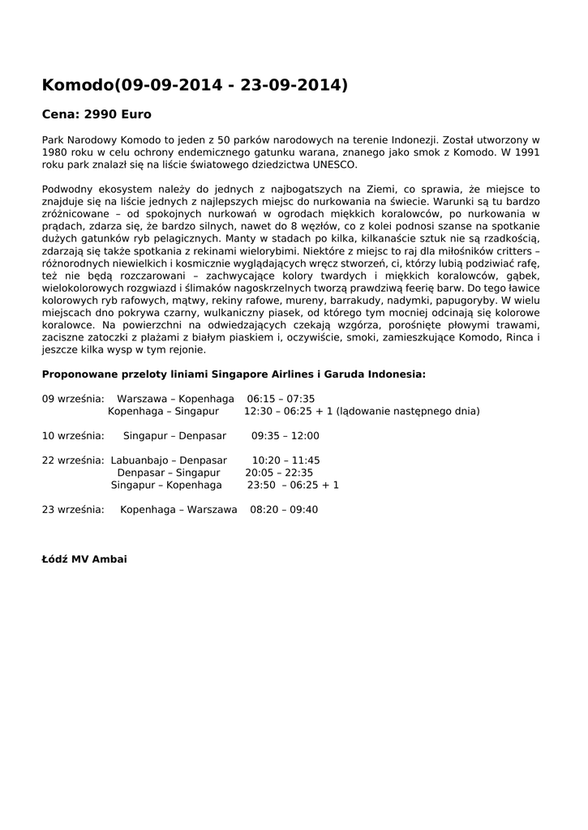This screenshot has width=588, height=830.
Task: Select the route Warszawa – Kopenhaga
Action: (x=175, y=399)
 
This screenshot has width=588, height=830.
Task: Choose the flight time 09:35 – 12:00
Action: (x=285, y=436)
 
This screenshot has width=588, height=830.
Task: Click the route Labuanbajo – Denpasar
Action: (x=169, y=460)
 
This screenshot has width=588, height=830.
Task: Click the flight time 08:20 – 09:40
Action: (x=284, y=510)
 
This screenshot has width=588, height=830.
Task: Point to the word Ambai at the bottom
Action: (x=109, y=559)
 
